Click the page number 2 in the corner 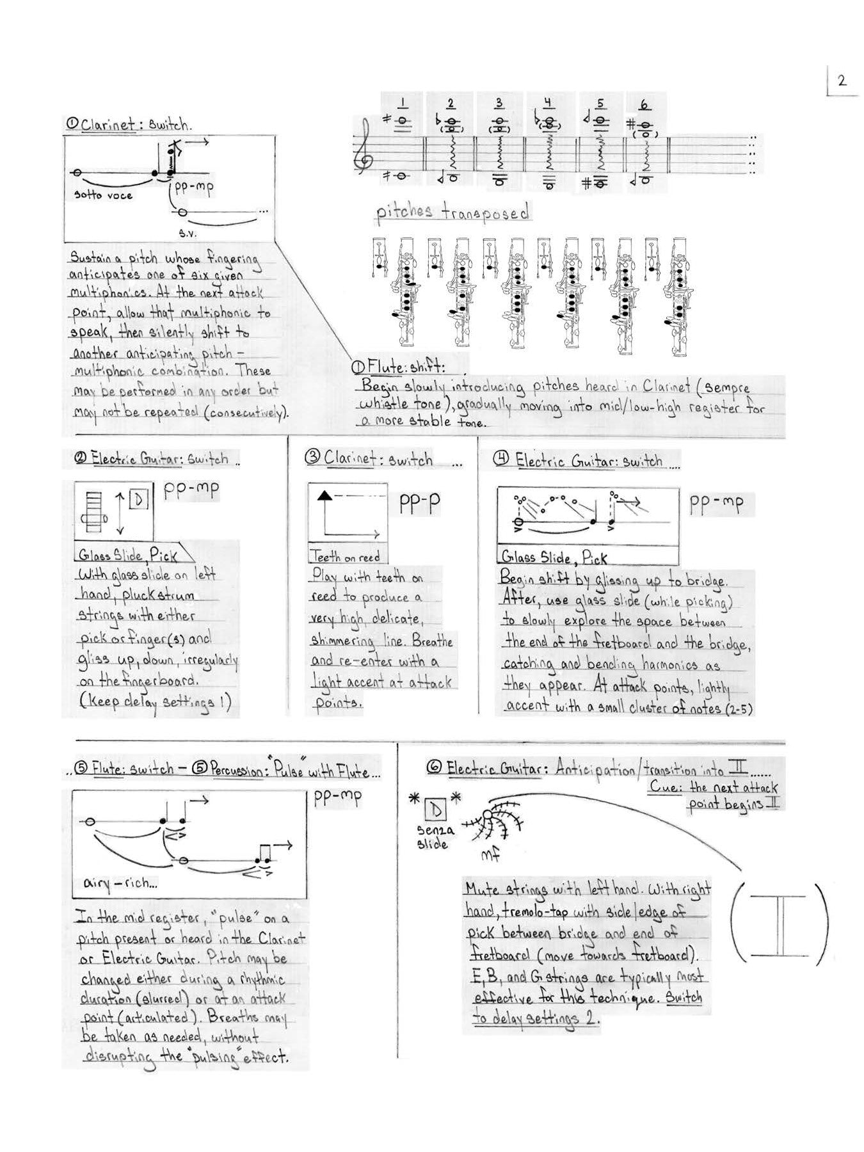841,81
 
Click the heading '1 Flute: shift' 397,368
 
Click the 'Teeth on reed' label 344,556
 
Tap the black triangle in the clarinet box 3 324,494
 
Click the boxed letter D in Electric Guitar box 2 139,500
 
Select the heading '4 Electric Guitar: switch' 579,460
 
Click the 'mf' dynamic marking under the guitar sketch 490,854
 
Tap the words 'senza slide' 435,836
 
